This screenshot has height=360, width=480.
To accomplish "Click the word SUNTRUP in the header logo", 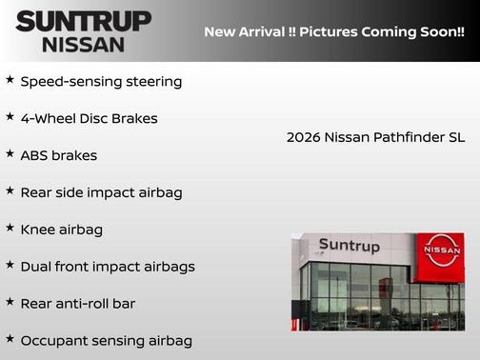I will click(83, 21).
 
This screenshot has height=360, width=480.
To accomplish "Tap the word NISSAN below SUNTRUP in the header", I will click(83, 44).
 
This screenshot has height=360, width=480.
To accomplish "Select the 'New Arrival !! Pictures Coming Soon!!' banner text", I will click(334, 32).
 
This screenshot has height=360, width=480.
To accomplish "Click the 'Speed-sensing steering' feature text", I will click(101, 81).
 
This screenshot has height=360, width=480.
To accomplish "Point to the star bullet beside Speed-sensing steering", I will click(10, 80).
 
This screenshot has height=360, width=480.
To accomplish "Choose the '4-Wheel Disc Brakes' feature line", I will click(89, 118).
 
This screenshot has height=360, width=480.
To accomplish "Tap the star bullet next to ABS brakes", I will click(10, 153).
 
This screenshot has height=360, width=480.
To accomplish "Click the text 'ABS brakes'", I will click(58, 155).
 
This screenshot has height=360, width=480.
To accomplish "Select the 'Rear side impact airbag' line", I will click(101, 192).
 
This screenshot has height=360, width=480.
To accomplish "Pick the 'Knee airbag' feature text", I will click(61, 230).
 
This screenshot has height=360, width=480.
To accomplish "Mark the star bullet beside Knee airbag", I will click(10, 228).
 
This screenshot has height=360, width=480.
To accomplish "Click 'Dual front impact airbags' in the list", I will click(107, 267).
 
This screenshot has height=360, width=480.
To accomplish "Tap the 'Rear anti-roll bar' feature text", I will click(77, 303).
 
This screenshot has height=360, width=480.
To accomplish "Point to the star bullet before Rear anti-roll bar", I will click(10, 302).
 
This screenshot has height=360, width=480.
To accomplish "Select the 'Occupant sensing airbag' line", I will click(106, 340).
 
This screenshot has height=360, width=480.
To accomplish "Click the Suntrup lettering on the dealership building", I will click(349, 246).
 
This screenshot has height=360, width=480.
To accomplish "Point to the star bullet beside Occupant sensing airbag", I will click(10, 339).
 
